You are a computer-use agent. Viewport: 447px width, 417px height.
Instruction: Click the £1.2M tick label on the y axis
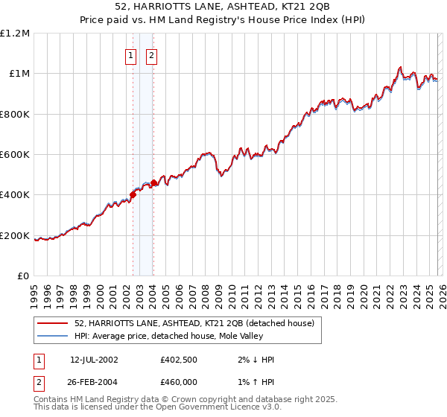coord(15,34)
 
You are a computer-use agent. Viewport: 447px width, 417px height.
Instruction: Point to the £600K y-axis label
coord(15,155)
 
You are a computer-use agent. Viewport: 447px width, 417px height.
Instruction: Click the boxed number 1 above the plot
coord(131,55)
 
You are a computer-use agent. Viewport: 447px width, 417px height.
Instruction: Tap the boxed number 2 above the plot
coord(151,55)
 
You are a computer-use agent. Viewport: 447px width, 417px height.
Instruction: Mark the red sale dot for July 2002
coord(133,195)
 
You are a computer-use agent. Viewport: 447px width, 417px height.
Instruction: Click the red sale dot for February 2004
coord(153,183)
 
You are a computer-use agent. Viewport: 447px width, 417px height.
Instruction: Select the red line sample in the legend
coord(52,324)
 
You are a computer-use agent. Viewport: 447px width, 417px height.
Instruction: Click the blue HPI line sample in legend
coord(52,337)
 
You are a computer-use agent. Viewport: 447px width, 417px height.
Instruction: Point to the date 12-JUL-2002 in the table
coord(94,360)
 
